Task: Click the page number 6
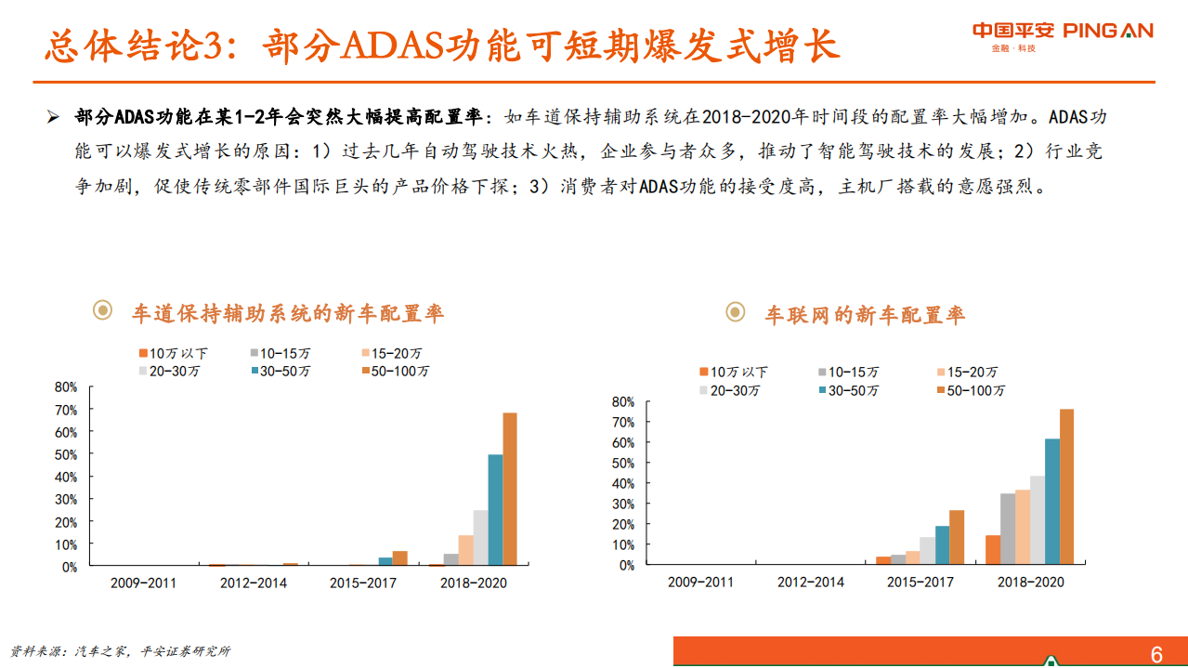click(1156, 655)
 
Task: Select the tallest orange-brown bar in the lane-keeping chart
click(510, 489)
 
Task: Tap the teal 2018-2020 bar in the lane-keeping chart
click(495, 509)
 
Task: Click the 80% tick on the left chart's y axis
click(66, 386)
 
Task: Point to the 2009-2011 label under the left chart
click(143, 583)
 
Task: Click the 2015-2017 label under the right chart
click(920, 582)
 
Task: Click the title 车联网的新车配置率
click(865, 315)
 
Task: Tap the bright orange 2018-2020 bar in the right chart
click(993, 549)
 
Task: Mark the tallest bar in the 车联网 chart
click(1066, 486)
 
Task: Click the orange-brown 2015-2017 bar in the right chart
click(957, 537)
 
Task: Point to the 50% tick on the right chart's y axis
click(622, 463)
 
